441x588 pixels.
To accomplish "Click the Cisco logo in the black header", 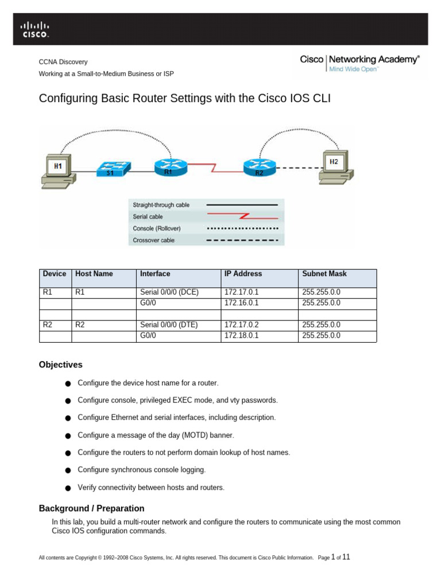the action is pyautogui.click(x=34, y=30).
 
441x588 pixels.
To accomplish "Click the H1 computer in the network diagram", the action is pyautogui.click(x=59, y=171).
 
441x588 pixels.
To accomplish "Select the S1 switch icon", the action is pyautogui.click(x=114, y=169).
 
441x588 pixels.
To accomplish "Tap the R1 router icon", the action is pyautogui.click(x=171, y=167).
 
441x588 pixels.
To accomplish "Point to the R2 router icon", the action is pyautogui.click(x=260, y=168).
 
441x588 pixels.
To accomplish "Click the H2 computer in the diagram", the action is pyautogui.click(x=336, y=167).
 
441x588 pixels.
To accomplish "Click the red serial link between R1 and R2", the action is pyautogui.click(x=215, y=168).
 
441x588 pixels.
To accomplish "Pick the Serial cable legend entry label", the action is pyautogui.click(x=148, y=216).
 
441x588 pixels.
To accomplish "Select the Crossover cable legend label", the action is pyautogui.click(x=153, y=240).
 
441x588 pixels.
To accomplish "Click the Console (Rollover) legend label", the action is pyautogui.click(x=156, y=229).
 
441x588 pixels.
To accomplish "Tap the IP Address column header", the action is pyautogui.click(x=243, y=274).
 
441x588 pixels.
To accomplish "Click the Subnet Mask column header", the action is pyautogui.click(x=324, y=274).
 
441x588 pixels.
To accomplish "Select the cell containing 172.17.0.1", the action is pyautogui.click(x=260, y=292).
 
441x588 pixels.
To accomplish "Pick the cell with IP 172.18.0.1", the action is pyautogui.click(x=260, y=336).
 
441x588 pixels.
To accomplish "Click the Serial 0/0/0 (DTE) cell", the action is pyautogui.click(x=179, y=325).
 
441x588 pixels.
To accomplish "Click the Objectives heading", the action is pyautogui.click(x=61, y=365).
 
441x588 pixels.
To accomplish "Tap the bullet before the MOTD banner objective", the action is pyautogui.click(x=68, y=436).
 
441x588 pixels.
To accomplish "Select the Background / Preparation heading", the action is pyautogui.click(x=91, y=509).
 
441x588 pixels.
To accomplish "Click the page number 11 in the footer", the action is pyautogui.click(x=346, y=557).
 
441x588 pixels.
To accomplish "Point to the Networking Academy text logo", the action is pyautogui.click(x=374, y=60).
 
